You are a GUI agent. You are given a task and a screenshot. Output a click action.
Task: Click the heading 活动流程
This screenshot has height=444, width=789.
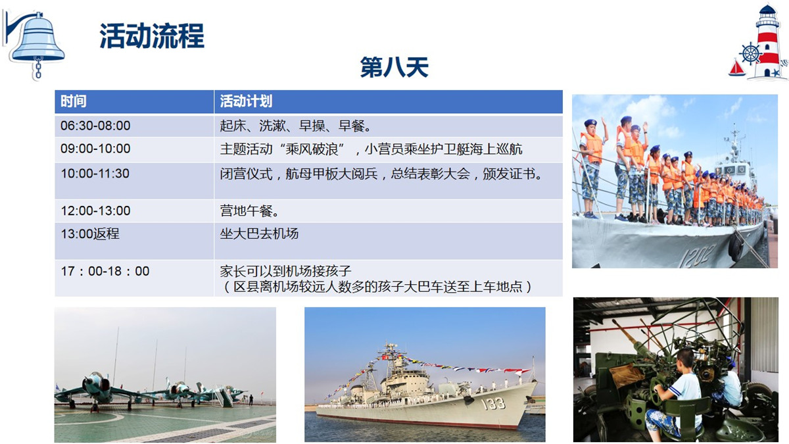click(152, 36)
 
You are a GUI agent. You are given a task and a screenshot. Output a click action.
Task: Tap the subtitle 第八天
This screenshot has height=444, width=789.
click(394, 67)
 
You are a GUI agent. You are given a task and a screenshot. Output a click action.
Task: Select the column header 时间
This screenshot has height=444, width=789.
click(73, 101)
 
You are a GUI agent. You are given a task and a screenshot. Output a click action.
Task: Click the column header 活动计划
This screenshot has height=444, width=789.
click(246, 101)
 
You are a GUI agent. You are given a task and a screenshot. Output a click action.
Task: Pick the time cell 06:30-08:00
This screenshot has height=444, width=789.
click(95, 126)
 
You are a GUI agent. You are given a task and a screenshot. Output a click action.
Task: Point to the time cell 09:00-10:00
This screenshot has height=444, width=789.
click(95, 149)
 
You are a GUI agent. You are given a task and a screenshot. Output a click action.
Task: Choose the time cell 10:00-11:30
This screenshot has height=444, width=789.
click(95, 174)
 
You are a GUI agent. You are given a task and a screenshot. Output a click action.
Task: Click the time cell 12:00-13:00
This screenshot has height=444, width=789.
click(95, 210)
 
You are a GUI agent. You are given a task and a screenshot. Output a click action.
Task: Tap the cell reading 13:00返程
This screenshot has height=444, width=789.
click(90, 234)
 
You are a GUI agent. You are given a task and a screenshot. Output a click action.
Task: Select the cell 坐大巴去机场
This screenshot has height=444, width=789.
click(259, 234)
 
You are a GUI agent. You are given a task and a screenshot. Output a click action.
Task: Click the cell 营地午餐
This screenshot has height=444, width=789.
click(249, 210)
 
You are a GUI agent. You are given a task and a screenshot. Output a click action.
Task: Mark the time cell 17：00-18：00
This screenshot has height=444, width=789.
click(105, 271)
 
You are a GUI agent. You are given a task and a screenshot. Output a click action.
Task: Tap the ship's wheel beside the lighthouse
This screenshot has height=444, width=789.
click(751, 54)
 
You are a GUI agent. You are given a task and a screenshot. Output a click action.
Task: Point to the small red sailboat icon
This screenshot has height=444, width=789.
click(737, 68)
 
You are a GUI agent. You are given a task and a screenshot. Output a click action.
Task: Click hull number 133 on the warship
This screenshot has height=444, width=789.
click(494, 404)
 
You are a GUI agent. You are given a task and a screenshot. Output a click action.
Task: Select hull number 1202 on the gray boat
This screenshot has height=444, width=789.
click(698, 255)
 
